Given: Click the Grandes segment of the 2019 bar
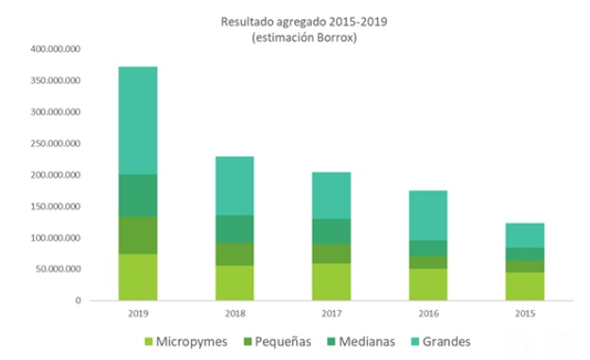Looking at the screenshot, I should coord(138,120).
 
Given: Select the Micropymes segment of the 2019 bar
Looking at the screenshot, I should coord(138,277).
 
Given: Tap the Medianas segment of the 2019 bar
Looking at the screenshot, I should coord(138,196).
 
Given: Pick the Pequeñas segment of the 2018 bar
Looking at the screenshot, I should coord(234,254).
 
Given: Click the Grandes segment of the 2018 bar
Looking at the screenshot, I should coord(234,185).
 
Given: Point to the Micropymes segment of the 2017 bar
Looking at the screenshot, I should coord(332,282).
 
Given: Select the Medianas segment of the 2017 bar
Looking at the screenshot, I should coord(332,231).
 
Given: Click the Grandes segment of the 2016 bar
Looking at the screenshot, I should coord(428,214).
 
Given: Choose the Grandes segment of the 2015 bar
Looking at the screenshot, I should coord(525,235).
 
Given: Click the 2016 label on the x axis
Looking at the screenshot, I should coord(428,312).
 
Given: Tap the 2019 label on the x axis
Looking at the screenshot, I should coord(138,312).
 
